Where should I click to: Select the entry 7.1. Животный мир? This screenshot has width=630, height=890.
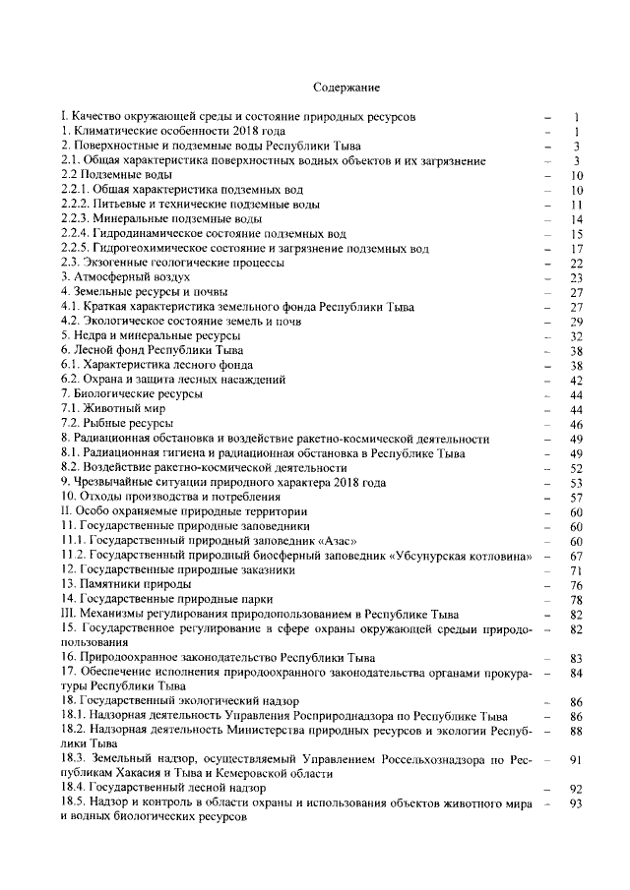pyautogui.click(x=113, y=409)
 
